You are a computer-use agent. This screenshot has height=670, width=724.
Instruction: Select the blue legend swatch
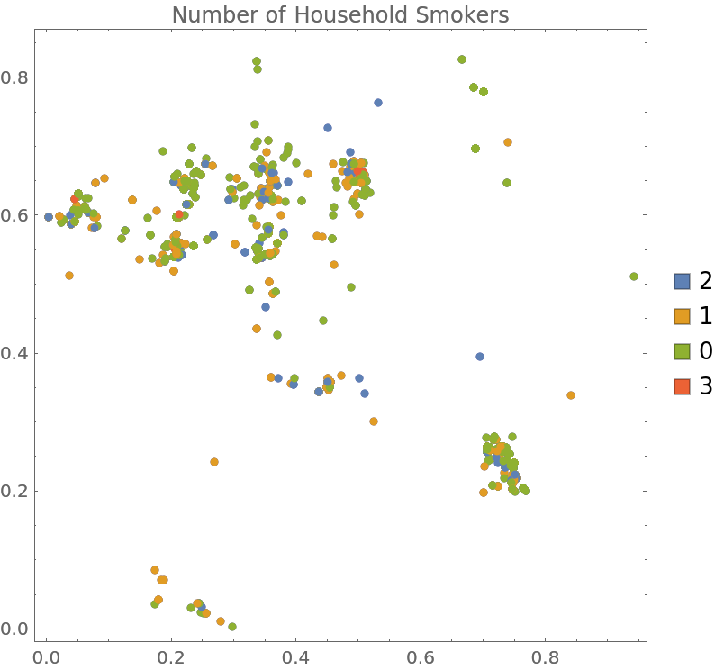click(x=683, y=281)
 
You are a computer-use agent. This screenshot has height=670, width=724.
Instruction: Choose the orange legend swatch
click(x=683, y=316)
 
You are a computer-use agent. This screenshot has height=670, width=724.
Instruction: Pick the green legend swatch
click(x=683, y=351)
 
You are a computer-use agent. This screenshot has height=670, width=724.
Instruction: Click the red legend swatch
click(x=683, y=386)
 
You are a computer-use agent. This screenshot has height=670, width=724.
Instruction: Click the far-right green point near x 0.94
click(x=634, y=276)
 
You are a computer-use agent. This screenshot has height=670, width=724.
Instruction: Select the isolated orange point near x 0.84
click(x=571, y=395)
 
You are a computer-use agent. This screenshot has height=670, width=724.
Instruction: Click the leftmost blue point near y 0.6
click(x=49, y=217)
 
